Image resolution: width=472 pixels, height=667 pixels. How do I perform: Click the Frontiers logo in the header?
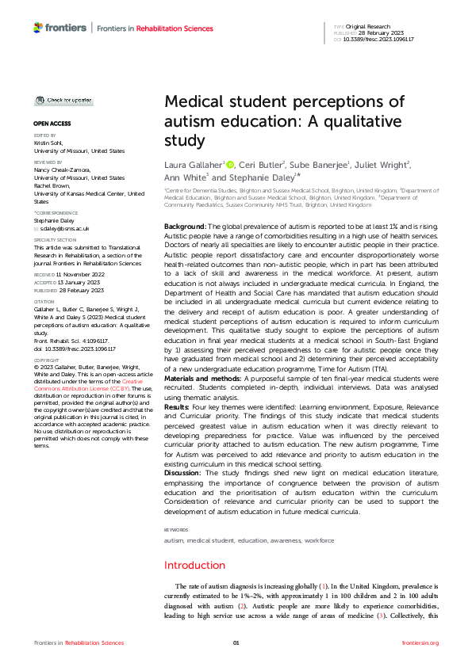coord(59,28)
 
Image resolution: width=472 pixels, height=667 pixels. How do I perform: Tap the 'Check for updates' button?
coord(63,101)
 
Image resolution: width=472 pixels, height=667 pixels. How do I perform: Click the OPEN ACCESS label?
coord(52,124)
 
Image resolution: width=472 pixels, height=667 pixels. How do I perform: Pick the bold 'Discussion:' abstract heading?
coord(183,473)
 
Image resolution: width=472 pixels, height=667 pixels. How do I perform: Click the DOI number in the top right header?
coord(385,38)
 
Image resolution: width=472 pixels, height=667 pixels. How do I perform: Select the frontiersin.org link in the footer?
coord(420,642)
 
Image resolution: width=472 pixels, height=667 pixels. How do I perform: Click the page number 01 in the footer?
coord(236,642)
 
